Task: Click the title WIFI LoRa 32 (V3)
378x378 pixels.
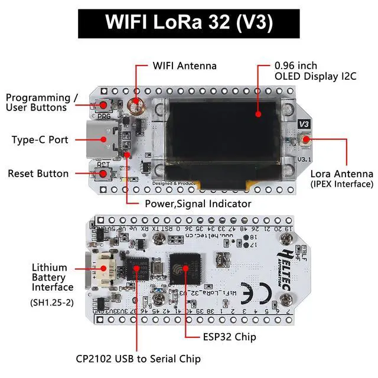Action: tap(189, 22)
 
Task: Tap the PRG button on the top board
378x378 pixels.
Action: tap(104, 105)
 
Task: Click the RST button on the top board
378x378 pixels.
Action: tap(105, 174)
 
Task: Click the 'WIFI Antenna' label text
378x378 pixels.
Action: tap(185, 66)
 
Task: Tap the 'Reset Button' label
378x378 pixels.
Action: tap(38, 174)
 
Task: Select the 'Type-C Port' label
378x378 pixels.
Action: tap(40, 140)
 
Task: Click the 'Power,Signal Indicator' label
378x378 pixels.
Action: tap(198, 203)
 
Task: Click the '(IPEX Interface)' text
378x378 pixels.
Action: tap(342, 184)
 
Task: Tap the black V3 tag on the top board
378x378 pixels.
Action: tap(304, 123)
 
